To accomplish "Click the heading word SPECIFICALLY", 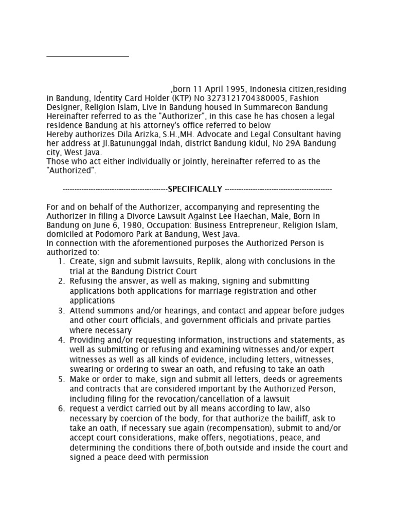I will tap(195, 189).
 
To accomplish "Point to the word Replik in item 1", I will tap(205, 261).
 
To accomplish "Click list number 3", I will tap(61, 311).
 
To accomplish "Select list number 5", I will tap(61, 379).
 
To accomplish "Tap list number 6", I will tap(61, 408).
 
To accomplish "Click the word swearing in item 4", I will tap(87, 369).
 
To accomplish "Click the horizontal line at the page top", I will tap(87, 56).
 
